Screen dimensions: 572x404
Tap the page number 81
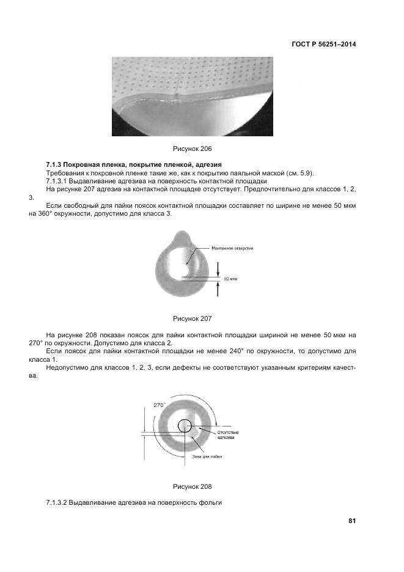(x=352, y=521)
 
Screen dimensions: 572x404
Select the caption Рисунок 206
(x=193, y=148)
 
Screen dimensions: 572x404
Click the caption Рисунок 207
(x=193, y=318)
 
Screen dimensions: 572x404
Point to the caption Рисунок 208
(x=193, y=486)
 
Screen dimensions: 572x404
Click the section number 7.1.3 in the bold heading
(x=54, y=165)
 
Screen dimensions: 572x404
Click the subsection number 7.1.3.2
(x=58, y=502)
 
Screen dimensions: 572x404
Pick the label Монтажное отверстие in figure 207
(x=232, y=248)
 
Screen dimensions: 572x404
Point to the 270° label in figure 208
(x=160, y=405)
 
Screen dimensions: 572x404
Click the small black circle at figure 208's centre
(x=185, y=426)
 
